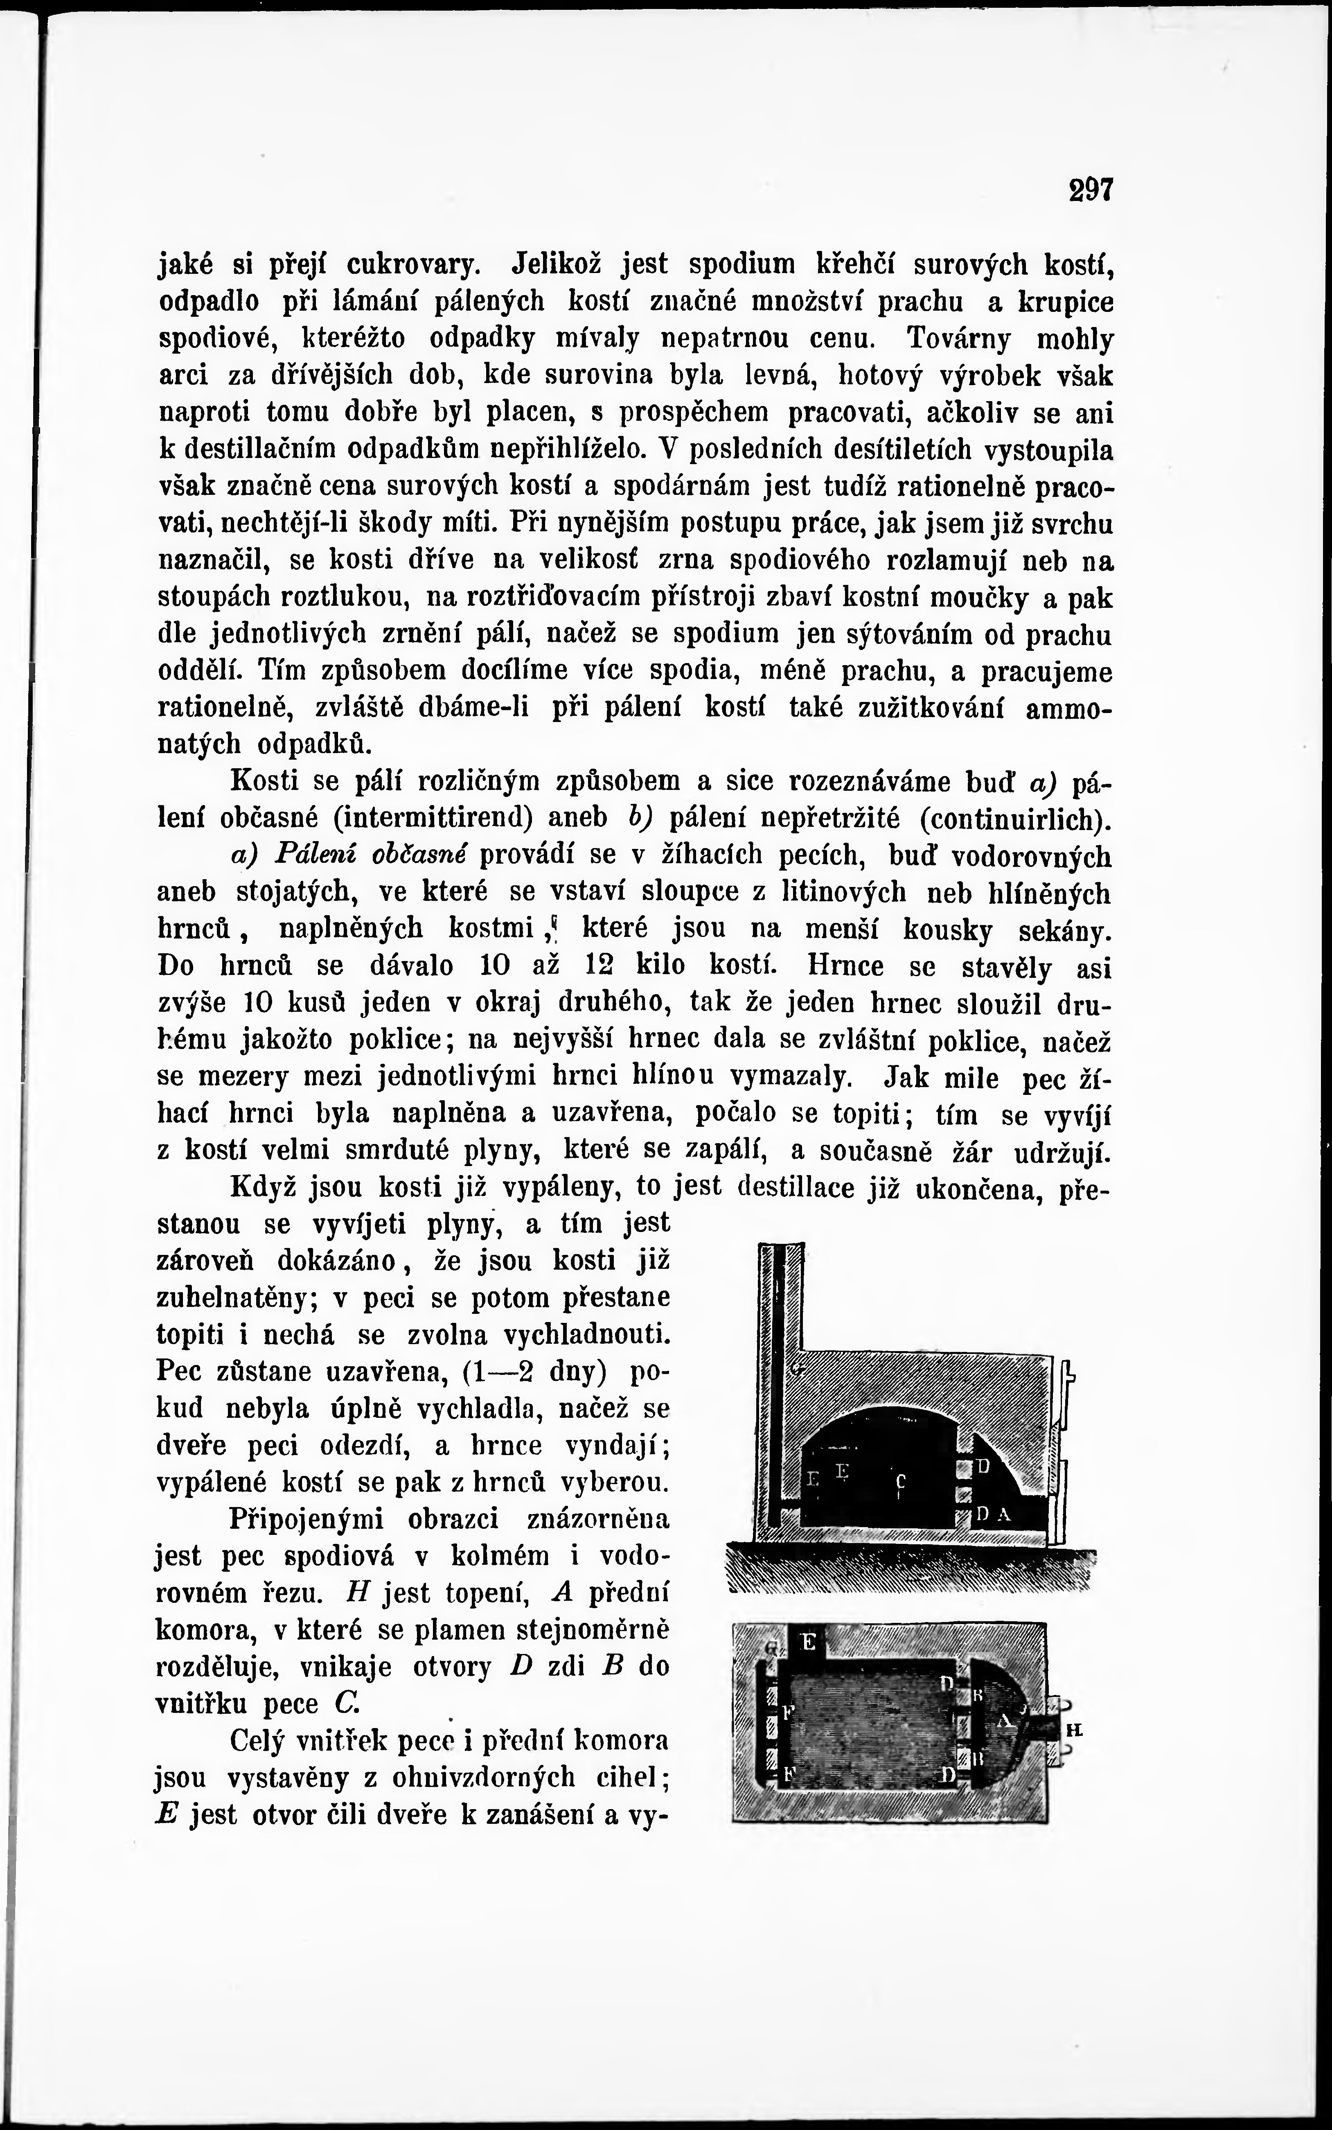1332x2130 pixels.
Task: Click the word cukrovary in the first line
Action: point(414,264)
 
